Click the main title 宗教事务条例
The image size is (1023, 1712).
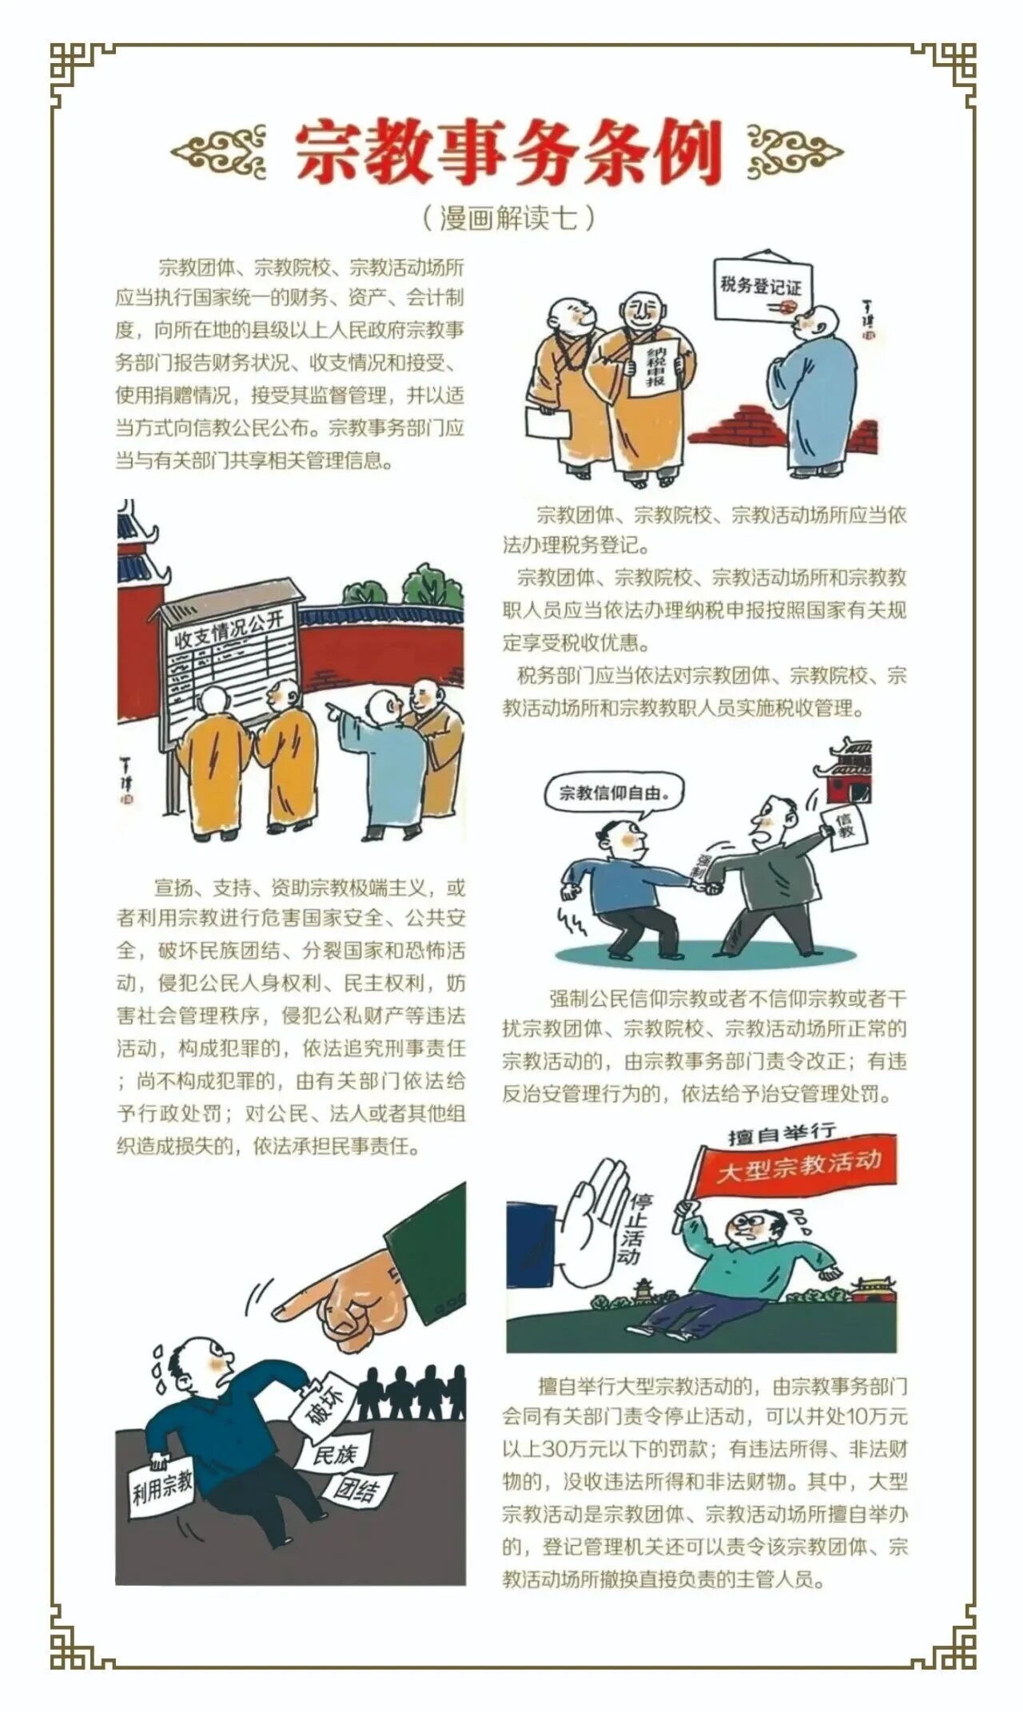tap(509, 152)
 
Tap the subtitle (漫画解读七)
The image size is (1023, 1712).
tap(508, 217)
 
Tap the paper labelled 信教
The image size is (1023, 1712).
tap(845, 826)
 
